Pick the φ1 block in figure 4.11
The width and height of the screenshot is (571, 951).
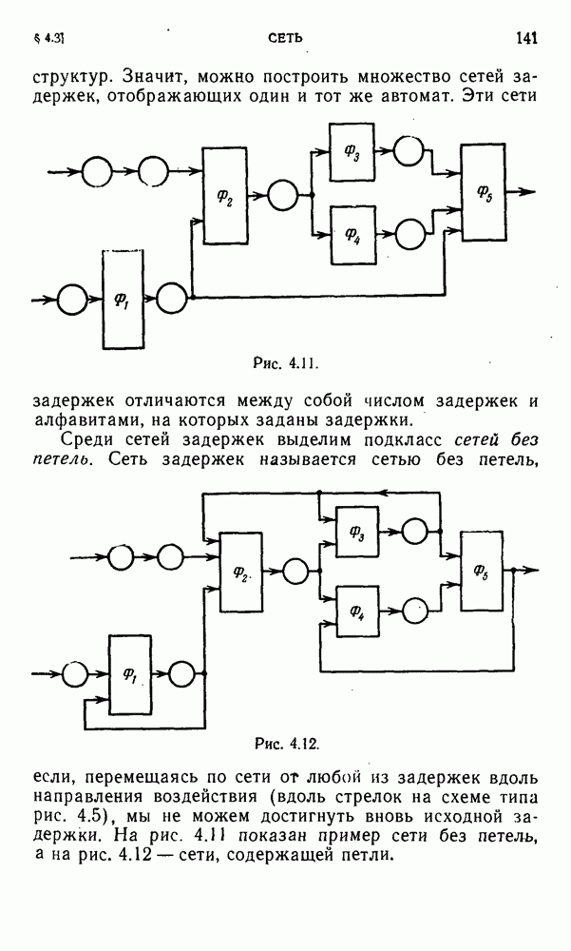point(124,300)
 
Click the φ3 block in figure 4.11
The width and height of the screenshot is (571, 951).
point(352,151)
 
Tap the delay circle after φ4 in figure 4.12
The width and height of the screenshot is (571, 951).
point(414,609)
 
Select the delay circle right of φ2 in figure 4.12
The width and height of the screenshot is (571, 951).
point(296,571)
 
